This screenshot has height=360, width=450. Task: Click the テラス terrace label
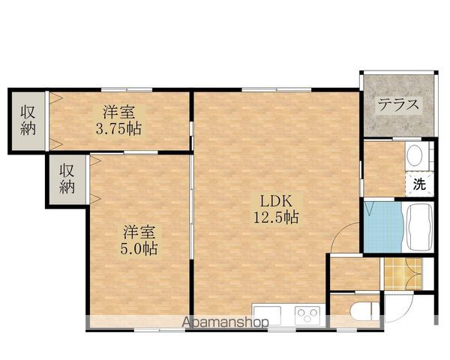pos(397,104)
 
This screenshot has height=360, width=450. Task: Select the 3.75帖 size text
pos(118,127)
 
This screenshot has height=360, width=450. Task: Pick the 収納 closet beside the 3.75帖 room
pos(28,119)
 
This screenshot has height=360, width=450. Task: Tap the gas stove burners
pos(307,313)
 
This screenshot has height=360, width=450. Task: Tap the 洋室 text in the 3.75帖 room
pos(118,112)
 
